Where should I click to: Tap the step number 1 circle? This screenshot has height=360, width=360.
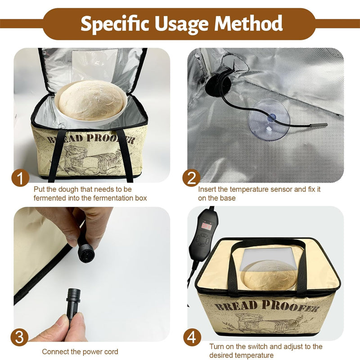pos(20,178)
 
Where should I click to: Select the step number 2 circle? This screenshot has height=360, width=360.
pos(192,178)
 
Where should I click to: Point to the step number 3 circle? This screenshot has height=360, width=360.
pos(19,337)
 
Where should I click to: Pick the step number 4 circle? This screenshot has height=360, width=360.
pos(192,337)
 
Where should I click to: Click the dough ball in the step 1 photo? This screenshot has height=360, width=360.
pos(91,100)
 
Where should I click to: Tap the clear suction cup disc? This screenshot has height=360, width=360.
pos(269,120)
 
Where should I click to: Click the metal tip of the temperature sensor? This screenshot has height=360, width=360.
pos(319,125)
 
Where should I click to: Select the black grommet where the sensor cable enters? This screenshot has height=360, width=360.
pos(218,83)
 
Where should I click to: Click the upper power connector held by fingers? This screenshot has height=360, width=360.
pos(85,250)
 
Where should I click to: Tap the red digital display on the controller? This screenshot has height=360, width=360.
pos(207,226)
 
